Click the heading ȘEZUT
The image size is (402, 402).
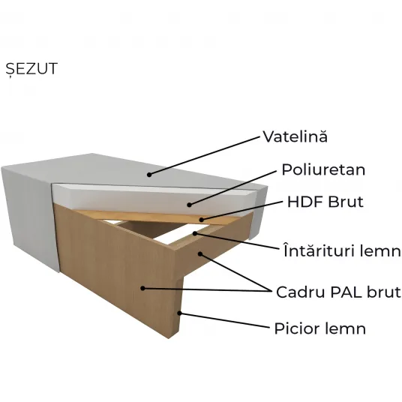point(31,68)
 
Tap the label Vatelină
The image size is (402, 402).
point(295,136)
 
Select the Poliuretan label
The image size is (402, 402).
point(323,169)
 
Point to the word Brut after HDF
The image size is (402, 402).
point(346,202)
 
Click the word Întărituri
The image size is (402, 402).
point(319,250)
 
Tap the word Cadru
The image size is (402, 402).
point(301,292)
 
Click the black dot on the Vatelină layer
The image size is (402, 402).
point(149,175)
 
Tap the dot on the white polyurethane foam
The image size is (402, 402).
point(189,205)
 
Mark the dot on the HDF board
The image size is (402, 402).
point(202,220)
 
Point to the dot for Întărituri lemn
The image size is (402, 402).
point(195,233)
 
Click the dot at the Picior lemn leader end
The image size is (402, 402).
point(180,313)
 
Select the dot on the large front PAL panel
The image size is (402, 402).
point(142,289)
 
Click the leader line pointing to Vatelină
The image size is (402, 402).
point(204,156)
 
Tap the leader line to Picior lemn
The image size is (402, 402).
point(224,320)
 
